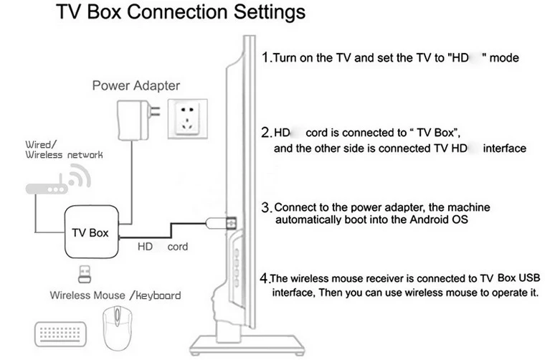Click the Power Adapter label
(x=136, y=86)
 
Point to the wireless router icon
(x=54, y=185)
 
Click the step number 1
(x=265, y=57)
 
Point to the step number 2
(x=265, y=133)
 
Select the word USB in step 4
(x=523, y=278)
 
